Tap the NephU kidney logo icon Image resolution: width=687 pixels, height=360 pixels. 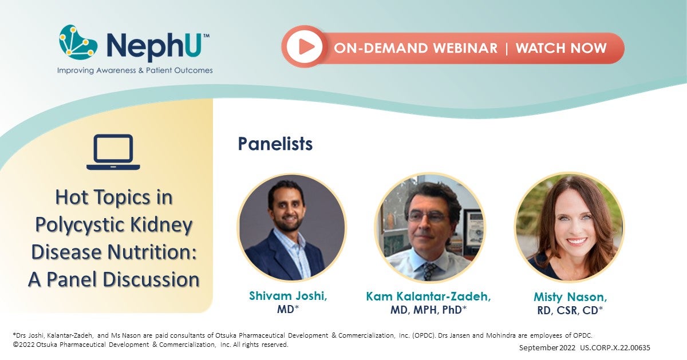78,43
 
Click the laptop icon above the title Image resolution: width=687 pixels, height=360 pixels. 113,152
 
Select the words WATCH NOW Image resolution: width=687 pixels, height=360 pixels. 561,48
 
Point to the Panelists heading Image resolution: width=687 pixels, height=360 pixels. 275,144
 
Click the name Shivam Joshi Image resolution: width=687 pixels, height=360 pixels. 291,296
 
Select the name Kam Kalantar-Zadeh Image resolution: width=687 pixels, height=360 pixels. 429,296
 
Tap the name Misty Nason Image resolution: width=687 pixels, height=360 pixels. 570,298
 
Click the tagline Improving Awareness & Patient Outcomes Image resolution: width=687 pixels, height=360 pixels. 135,70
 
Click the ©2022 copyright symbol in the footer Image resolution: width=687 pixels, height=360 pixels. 15,345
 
